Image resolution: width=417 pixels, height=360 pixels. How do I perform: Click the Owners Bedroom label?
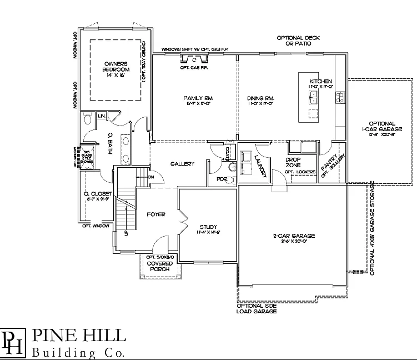[115, 69]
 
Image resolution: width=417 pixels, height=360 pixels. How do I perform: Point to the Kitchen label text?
[321, 81]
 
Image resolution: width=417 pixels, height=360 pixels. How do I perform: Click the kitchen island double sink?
[313, 98]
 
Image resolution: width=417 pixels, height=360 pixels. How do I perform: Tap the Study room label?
[208, 227]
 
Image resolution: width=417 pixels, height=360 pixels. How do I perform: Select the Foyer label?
[156, 214]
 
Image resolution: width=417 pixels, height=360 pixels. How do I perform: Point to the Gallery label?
[182, 164]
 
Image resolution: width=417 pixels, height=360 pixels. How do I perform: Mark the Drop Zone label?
[293, 162]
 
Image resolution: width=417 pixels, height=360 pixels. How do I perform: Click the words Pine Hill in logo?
[79, 335]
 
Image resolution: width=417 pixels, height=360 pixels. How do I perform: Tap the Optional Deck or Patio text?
[299, 41]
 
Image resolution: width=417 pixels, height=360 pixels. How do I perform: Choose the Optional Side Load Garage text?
[256, 308]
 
